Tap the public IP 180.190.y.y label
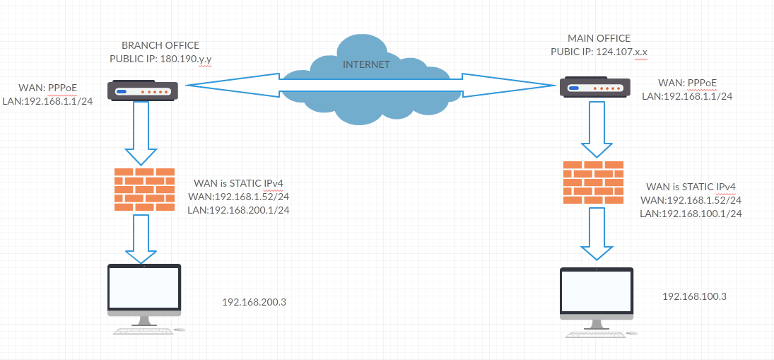[x=161, y=59]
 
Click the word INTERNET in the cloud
[x=365, y=64]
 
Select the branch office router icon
[x=143, y=91]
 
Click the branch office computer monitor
[x=143, y=290]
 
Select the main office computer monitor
[x=596, y=294]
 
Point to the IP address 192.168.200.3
[x=254, y=303]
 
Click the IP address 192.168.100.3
[x=694, y=296]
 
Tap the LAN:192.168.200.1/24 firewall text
[x=238, y=210]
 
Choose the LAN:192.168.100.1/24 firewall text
[x=690, y=213]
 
